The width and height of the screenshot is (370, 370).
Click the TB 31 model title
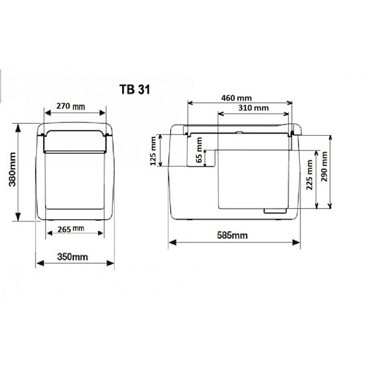tap(134, 89)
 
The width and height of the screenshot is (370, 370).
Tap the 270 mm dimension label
tap(70, 106)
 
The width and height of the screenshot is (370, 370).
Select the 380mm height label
tap(12, 169)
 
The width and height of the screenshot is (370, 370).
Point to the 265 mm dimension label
tap(71, 229)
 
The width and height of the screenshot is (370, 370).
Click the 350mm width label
tap(72, 257)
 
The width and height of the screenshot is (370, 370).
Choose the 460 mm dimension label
tap(236, 98)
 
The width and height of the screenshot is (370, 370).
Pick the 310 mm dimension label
tap(253, 108)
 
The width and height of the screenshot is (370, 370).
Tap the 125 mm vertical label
tap(153, 151)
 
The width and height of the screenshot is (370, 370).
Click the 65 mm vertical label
tap(199, 150)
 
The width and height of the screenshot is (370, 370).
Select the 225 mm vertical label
tap(310, 175)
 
